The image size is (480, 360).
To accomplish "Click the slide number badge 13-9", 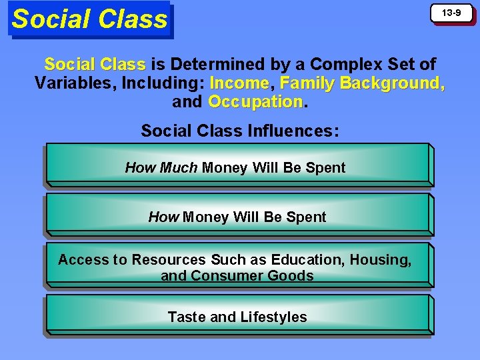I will point(453,13).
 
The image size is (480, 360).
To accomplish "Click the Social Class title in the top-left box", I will point(89,19).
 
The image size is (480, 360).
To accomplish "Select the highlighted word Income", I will point(239,83).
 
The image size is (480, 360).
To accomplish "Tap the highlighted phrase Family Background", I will point(362,83).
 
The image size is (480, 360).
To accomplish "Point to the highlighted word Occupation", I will point(255,102).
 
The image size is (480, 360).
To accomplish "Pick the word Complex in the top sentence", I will point(345,65).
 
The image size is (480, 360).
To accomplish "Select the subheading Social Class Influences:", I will point(239,131).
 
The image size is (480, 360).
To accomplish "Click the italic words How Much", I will point(161,168).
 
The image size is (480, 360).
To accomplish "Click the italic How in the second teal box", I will point(163,217).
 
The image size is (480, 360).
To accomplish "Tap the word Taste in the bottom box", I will point(186,317).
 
